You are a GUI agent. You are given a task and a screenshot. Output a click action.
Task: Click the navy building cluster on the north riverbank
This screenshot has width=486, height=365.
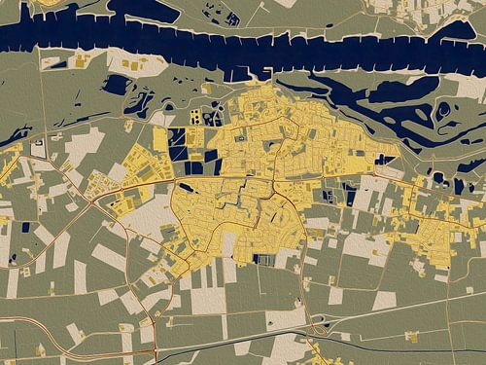pyautogui.click(x=233, y=18)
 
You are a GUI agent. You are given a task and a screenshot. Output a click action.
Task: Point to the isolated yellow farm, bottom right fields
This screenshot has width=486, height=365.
pyautogui.click(x=412, y=336)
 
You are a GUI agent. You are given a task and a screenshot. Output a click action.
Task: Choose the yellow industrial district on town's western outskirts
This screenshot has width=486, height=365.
pyautogui.click(x=136, y=200)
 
